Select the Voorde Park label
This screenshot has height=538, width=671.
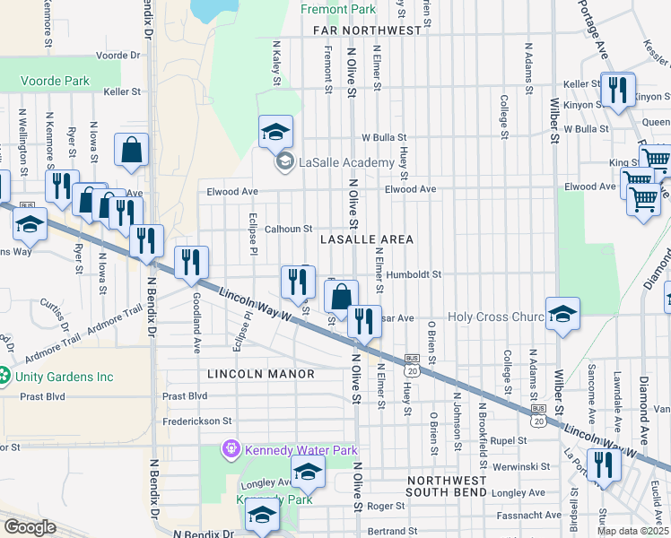click(x=55, y=81)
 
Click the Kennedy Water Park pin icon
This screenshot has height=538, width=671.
click(x=232, y=447)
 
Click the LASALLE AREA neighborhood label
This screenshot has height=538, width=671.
click(x=367, y=239)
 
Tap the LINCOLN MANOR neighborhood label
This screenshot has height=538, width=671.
click(x=260, y=373)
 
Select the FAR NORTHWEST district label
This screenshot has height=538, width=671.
click(x=368, y=30)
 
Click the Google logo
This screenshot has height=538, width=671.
click(x=30, y=527)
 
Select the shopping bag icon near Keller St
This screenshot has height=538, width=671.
click(x=132, y=152)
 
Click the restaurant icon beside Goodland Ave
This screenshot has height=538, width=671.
click(x=190, y=264)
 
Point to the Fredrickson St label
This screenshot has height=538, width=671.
click(x=197, y=420)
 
